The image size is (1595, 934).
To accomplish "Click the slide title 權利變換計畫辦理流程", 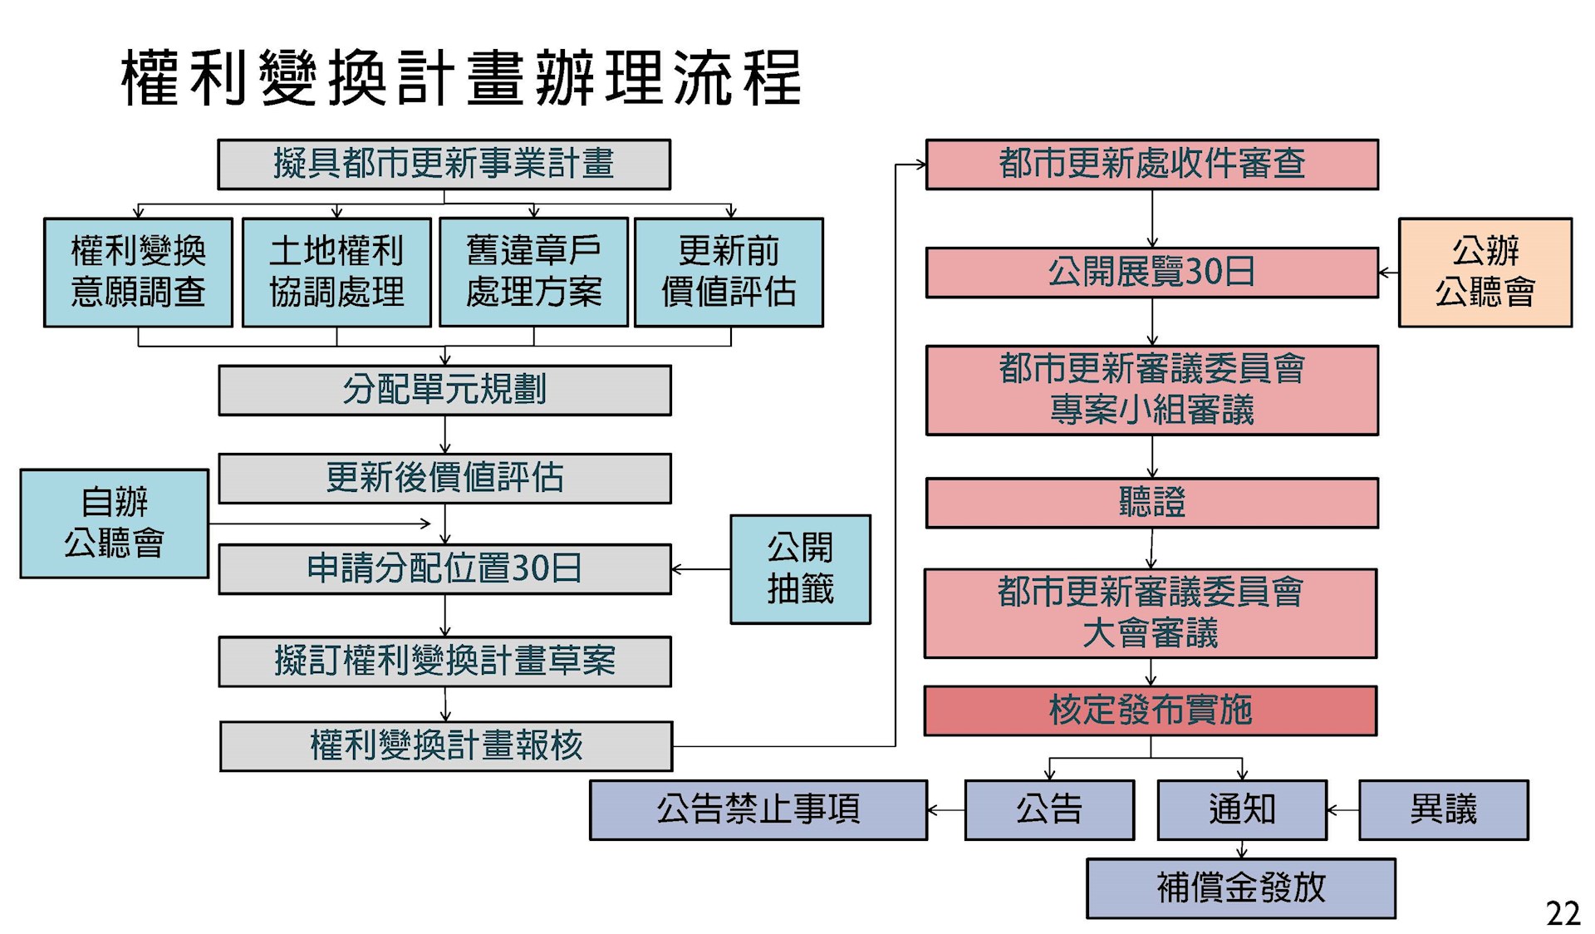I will pos(461,78).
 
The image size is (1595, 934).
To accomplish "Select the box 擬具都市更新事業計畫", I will pos(444,165).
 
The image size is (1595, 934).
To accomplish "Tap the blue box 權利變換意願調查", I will pos(138,272).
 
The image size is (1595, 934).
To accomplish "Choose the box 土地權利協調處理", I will pos(336,272).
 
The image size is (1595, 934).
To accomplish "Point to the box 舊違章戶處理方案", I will pos(533,272).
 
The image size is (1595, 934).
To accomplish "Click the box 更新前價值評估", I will pos(729,272).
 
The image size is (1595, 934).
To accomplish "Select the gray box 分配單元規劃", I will pos(444,390).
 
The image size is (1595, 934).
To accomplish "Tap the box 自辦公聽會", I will pos(115,524).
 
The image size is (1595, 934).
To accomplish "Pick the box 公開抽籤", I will pos(800,569).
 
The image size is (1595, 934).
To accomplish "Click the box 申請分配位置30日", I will pos(444,569).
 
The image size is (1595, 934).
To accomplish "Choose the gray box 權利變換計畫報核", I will pos(446,746).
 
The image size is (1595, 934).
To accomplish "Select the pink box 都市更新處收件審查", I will pos(1151,165).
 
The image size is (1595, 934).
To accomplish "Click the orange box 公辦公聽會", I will pos(1485,272).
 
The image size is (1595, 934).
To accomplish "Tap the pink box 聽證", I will pos(1151,503).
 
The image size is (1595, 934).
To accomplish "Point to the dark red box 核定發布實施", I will pos(1150,710).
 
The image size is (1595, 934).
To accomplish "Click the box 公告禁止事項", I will pos(758,810).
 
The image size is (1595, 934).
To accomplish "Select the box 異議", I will pos(1443,810).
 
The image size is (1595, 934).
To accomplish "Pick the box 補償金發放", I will pos(1240,888).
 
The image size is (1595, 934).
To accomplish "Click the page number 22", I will pos(1563,914).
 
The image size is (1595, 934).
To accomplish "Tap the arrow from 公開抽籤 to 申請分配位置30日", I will pos(700,569).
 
